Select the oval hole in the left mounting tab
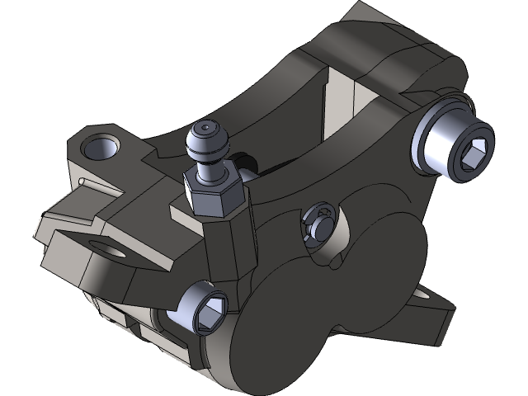point(106,247)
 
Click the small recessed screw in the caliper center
point(318,221)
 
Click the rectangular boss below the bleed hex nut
point(227,247)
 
